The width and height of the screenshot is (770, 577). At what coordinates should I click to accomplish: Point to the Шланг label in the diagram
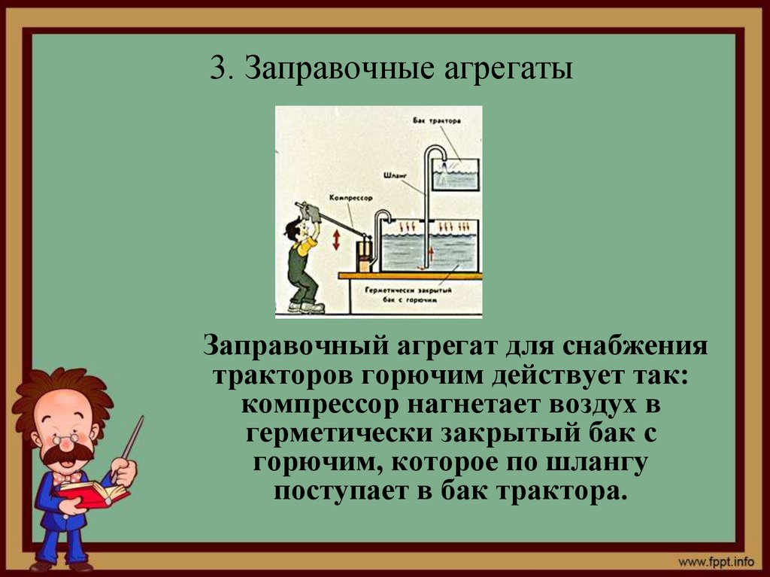click(400, 174)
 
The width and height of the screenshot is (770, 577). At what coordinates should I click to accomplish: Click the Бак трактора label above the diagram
click(437, 120)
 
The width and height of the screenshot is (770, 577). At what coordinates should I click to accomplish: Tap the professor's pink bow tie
click(67, 477)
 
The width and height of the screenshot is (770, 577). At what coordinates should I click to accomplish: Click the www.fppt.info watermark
click(717, 561)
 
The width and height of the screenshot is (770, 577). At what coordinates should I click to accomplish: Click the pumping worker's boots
click(306, 307)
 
